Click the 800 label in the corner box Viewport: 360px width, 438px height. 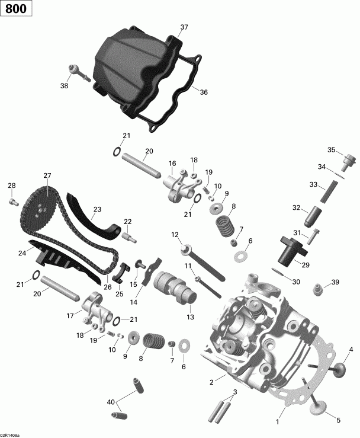pos(17,9)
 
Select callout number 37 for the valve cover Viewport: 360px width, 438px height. pos(184,27)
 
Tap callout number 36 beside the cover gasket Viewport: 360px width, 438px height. pos(204,92)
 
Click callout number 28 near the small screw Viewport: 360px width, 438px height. pos(11,187)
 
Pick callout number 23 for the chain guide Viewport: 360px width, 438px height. pos(97,209)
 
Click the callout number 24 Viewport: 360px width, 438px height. pos(22,253)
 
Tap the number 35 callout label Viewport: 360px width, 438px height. pos(332,149)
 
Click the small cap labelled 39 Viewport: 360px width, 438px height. pos(319,290)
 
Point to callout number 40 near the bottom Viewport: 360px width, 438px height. pos(110,402)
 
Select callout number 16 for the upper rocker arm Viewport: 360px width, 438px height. pos(172,164)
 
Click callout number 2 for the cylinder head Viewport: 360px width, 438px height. pos(211,382)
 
